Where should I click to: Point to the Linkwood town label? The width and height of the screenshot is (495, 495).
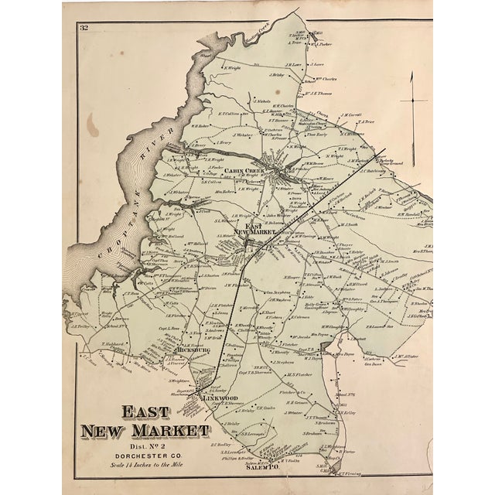(218, 400)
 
